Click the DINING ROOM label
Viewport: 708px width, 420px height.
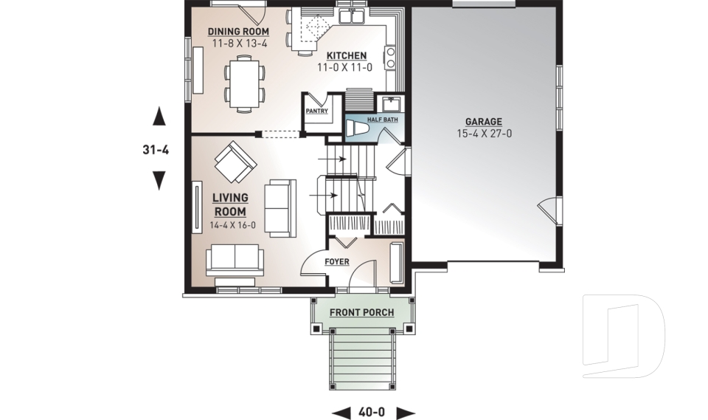237,32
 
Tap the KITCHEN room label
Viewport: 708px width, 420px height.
345,56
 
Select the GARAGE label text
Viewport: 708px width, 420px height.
483,122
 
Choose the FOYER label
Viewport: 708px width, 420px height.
336,262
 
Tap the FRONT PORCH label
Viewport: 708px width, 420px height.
361,313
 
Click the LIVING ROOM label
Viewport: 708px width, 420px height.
230,204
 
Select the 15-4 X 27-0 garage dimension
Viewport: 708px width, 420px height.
483,134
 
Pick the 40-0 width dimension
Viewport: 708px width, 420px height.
373,411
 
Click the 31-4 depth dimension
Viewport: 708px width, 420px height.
156,150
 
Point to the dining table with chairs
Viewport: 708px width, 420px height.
244,83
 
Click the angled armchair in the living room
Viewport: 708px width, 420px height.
235,162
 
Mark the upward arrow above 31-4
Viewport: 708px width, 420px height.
158,117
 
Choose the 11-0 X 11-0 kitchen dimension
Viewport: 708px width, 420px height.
345,67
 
